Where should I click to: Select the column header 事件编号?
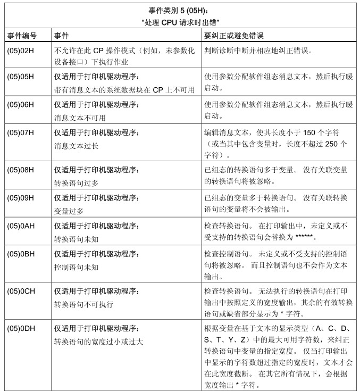click(22, 36)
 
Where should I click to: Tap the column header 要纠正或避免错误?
click(235, 36)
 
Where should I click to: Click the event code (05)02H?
click(21, 52)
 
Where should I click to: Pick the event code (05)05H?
click(21, 77)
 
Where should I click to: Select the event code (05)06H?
click(21, 105)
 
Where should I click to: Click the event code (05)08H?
click(21, 170)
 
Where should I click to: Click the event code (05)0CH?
click(21, 292)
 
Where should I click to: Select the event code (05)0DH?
click(21, 328)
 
